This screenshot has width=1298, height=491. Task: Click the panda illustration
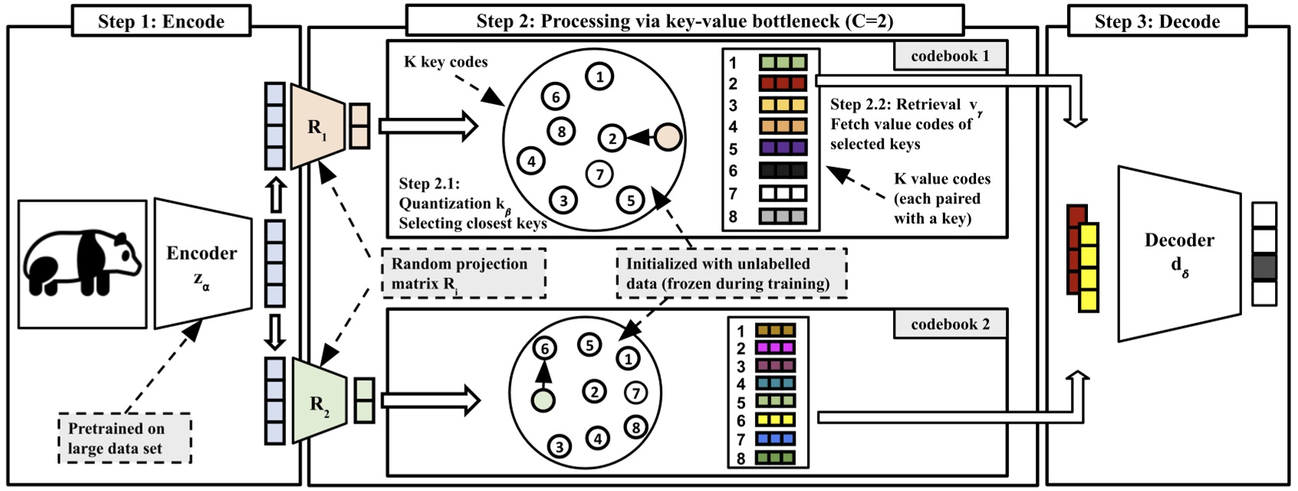click(82, 264)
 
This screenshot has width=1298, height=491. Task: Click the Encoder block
click(202, 263)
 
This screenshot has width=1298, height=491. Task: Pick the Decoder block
click(1178, 253)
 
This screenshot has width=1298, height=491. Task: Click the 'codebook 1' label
click(950, 56)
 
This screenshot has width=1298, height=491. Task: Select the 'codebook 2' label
click(950, 324)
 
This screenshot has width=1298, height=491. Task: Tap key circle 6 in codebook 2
click(544, 349)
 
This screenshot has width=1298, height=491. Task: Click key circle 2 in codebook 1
click(612, 139)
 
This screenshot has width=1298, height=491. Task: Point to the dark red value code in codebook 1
click(783, 83)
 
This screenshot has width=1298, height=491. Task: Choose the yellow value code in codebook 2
click(775, 421)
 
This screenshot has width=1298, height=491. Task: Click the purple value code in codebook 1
click(783, 148)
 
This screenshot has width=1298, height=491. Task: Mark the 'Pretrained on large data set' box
click(125, 439)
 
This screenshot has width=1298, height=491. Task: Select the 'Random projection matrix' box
click(463, 273)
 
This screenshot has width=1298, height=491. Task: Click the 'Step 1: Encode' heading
click(161, 21)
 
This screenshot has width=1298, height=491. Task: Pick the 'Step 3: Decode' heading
click(1156, 21)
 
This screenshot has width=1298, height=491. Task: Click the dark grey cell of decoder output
click(1264, 267)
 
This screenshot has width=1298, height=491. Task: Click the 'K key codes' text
click(445, 62)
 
